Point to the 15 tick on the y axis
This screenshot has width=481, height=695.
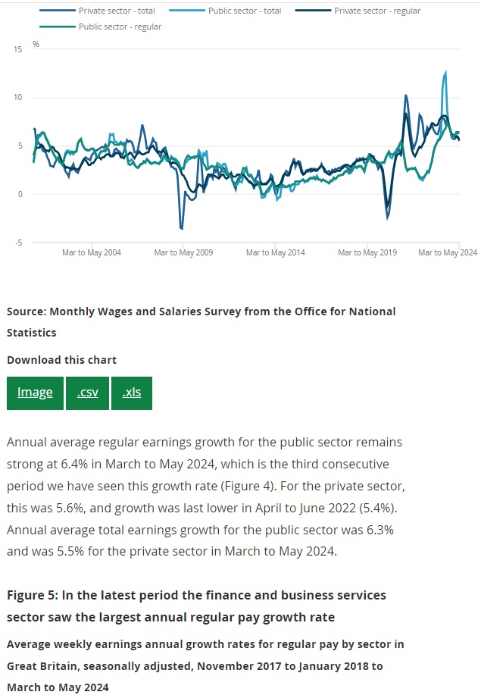[18, 49]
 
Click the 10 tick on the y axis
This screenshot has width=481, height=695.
[18, 98]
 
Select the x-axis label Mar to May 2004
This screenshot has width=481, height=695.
[92, 253]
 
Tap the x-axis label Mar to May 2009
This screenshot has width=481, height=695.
[183, 253]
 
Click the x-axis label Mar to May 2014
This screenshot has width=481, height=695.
[276, 253]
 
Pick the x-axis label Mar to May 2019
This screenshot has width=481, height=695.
[367, 253]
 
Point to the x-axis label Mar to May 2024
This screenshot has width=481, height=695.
[448, 253]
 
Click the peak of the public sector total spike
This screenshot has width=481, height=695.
[445, 72]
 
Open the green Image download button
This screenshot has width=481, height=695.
[35, 393]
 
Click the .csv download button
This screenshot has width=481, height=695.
[87, 393]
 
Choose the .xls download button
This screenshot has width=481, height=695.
[132, 393]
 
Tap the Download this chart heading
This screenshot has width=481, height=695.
[61, 360]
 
